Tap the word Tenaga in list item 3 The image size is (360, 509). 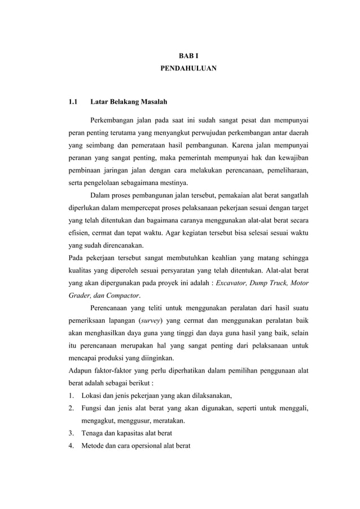click(x=94, y=434)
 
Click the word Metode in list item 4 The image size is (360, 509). click(x=94, y=446)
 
